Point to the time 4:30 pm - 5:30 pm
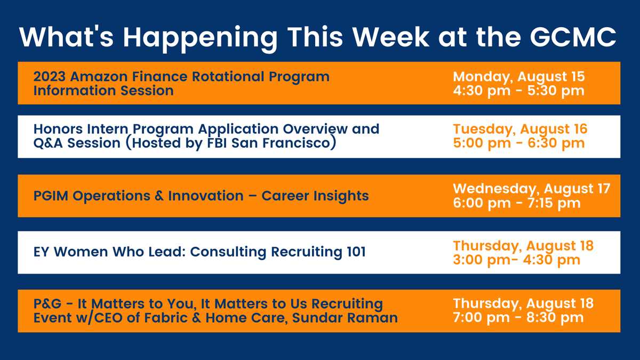(518, 91)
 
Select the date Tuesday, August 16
(520, 129)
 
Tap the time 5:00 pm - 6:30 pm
(518, 143)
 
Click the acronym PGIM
(51, 196)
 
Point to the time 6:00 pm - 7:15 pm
(517, 203)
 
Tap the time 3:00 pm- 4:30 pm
(516, 260)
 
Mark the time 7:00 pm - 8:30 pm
(518, 318)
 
